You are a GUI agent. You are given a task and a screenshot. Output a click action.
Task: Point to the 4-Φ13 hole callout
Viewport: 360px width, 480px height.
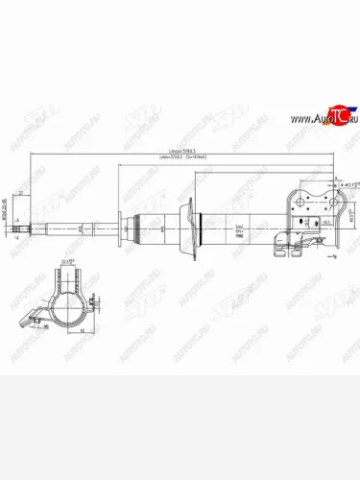349,182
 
